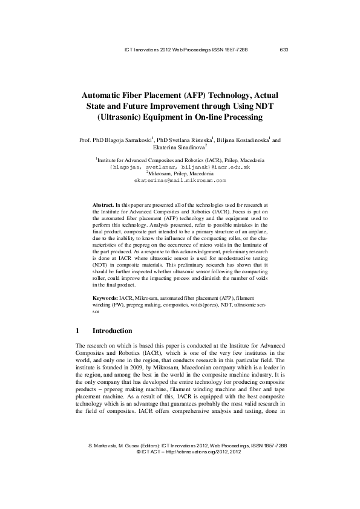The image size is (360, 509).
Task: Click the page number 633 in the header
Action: click(x=284, y=50)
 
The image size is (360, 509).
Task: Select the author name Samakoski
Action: click(x=135, y=140)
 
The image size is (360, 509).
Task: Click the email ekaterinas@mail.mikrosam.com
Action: click(x=180, y=180)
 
